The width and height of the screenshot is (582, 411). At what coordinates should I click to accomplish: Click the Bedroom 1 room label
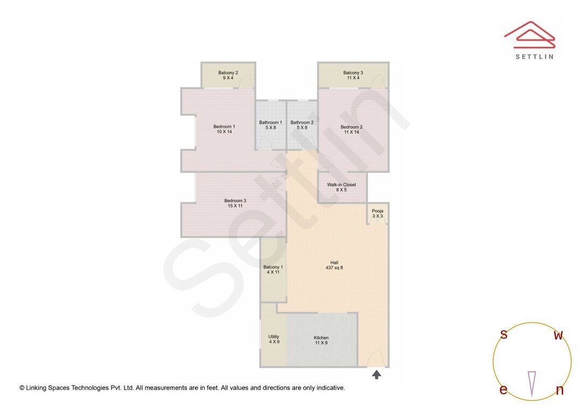point(226,126)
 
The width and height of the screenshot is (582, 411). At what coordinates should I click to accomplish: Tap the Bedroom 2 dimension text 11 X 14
point(351,132)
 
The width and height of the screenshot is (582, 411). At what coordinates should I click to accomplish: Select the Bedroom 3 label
point(235,201)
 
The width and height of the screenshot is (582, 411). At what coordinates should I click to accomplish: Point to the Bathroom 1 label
point(270,123)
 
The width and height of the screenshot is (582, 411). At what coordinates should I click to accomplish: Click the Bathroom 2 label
point(302,123)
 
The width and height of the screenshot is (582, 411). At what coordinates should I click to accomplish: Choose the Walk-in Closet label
point(342,185)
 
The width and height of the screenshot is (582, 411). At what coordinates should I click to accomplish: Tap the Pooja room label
point(377,211)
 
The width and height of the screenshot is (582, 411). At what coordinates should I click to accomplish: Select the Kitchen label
point(321,338)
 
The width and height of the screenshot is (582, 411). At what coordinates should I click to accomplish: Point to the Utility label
point(274,337)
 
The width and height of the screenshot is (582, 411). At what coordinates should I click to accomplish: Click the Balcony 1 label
point(273,267)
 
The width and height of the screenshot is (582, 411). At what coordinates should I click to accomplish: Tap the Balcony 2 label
point(228,73)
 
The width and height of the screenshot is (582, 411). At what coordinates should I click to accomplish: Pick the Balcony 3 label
point(353,73)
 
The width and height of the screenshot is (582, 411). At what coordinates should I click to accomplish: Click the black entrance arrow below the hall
point(377,374)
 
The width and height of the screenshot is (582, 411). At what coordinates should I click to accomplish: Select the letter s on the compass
point(504,335)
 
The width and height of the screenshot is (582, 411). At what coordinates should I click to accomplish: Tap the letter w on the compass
point(559,335)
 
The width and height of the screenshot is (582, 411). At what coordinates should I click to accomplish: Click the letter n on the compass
point(559,390)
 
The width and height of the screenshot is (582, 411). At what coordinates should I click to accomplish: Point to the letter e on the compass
point(503,390)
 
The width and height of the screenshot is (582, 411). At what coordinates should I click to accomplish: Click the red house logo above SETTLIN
point(529,34)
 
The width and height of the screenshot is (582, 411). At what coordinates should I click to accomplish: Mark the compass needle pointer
point(532,384)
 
